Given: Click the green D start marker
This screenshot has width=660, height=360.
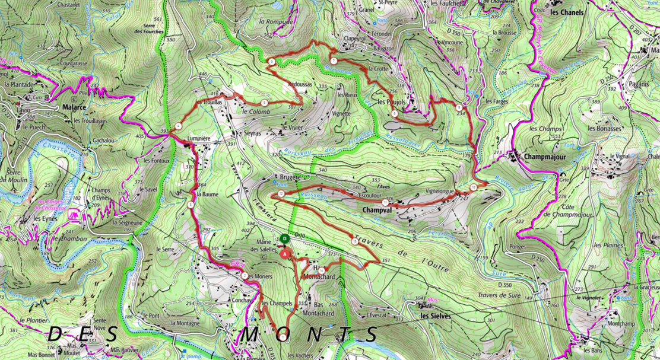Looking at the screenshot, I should pos(285,238).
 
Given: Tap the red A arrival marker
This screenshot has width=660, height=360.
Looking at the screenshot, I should pos(285,253).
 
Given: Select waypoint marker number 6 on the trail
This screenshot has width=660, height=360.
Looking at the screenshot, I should pos(271,62).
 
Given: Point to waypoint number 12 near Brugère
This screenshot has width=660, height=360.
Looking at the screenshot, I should pos(280,195).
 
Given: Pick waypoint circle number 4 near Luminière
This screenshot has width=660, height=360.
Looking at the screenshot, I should pos(178,126).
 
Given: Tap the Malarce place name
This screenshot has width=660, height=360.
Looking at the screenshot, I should pos(75,108).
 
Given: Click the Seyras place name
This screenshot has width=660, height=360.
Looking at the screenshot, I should pos(252,134).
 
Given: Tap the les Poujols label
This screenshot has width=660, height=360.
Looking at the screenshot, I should pos(391,102).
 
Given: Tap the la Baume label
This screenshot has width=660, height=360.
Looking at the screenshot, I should pos(209,194).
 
